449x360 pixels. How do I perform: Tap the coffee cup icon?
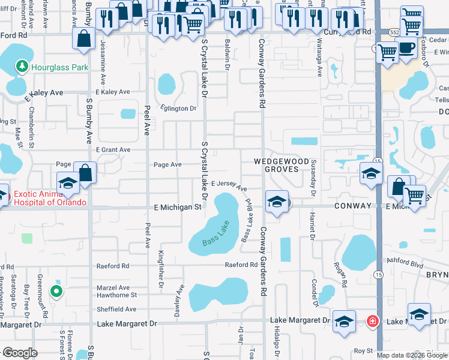[406, 47]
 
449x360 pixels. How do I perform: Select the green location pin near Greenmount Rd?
[56, 292]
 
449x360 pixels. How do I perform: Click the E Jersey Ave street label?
[229, 185]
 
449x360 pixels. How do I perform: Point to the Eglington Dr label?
[178, 109]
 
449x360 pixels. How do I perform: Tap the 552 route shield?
[394, 31]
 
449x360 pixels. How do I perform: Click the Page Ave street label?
[167, 164]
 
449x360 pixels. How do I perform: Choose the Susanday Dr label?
[313, 178]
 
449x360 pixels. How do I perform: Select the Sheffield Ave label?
[116, 310]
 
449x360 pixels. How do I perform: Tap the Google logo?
[20, 353]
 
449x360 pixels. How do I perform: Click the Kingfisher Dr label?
[161, 269]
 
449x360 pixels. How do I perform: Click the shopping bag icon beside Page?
[85, 173]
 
